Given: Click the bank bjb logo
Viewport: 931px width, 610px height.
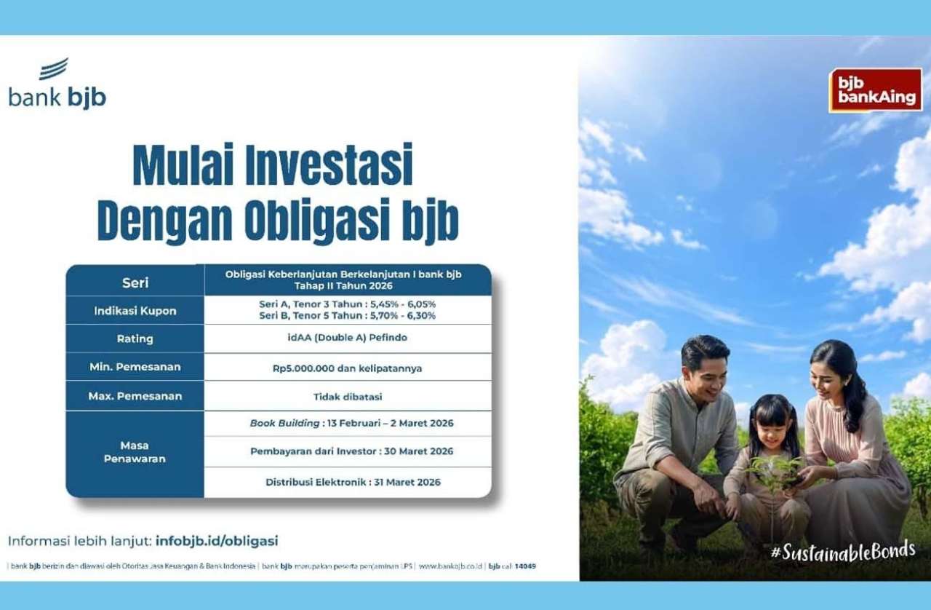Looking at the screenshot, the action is point(57,83).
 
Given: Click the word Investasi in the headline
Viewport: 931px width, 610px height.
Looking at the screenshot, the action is point(329,165).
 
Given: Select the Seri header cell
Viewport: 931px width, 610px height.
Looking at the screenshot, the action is point(135,283).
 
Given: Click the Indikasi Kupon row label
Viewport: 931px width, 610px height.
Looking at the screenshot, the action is point(135,311).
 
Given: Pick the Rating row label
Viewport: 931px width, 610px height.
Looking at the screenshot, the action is point(135,338).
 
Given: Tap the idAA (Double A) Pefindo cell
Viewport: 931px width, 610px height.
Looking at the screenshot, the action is point(348,338).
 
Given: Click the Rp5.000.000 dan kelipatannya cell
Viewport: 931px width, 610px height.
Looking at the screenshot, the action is point(348,368).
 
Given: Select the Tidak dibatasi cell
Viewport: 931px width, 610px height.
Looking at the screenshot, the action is point(348,397).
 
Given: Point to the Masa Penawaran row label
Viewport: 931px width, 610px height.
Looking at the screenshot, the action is point(135,452).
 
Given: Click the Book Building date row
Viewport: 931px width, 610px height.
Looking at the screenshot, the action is point(351,423).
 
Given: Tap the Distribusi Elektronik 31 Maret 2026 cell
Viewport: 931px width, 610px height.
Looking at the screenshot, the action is point(353,483).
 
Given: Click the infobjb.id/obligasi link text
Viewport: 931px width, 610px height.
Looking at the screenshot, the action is point(217,541).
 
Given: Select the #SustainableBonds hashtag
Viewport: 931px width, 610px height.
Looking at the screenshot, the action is point(843,551).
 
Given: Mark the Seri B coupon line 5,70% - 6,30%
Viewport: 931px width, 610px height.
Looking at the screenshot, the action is point(348,316).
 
